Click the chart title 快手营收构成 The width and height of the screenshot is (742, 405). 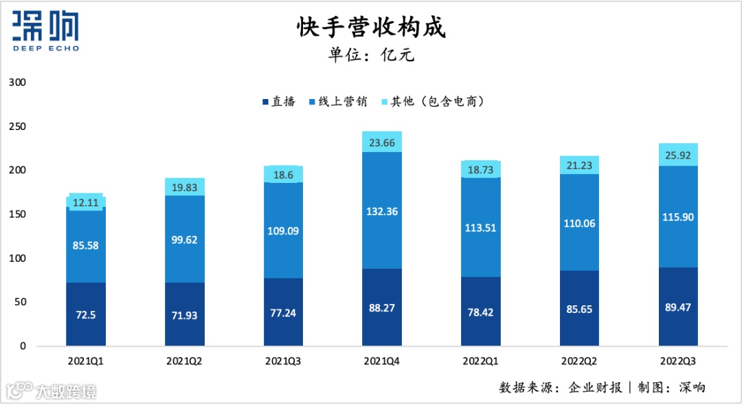coord(371,28)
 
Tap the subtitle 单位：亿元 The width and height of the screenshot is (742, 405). coord(371,56)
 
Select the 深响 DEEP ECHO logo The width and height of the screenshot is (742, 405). coord(46,31)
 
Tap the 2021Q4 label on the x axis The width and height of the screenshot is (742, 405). coord(381,360)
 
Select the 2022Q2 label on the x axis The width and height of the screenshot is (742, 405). coord(578,360)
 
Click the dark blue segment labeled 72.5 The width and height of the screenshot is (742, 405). coord(86,314)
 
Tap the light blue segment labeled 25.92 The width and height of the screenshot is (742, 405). coord(677,155)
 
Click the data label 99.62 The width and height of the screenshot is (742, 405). coord(185,241)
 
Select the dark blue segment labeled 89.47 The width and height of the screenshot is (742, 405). coord(677,306)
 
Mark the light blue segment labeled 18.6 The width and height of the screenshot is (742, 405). coord(283,174)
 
